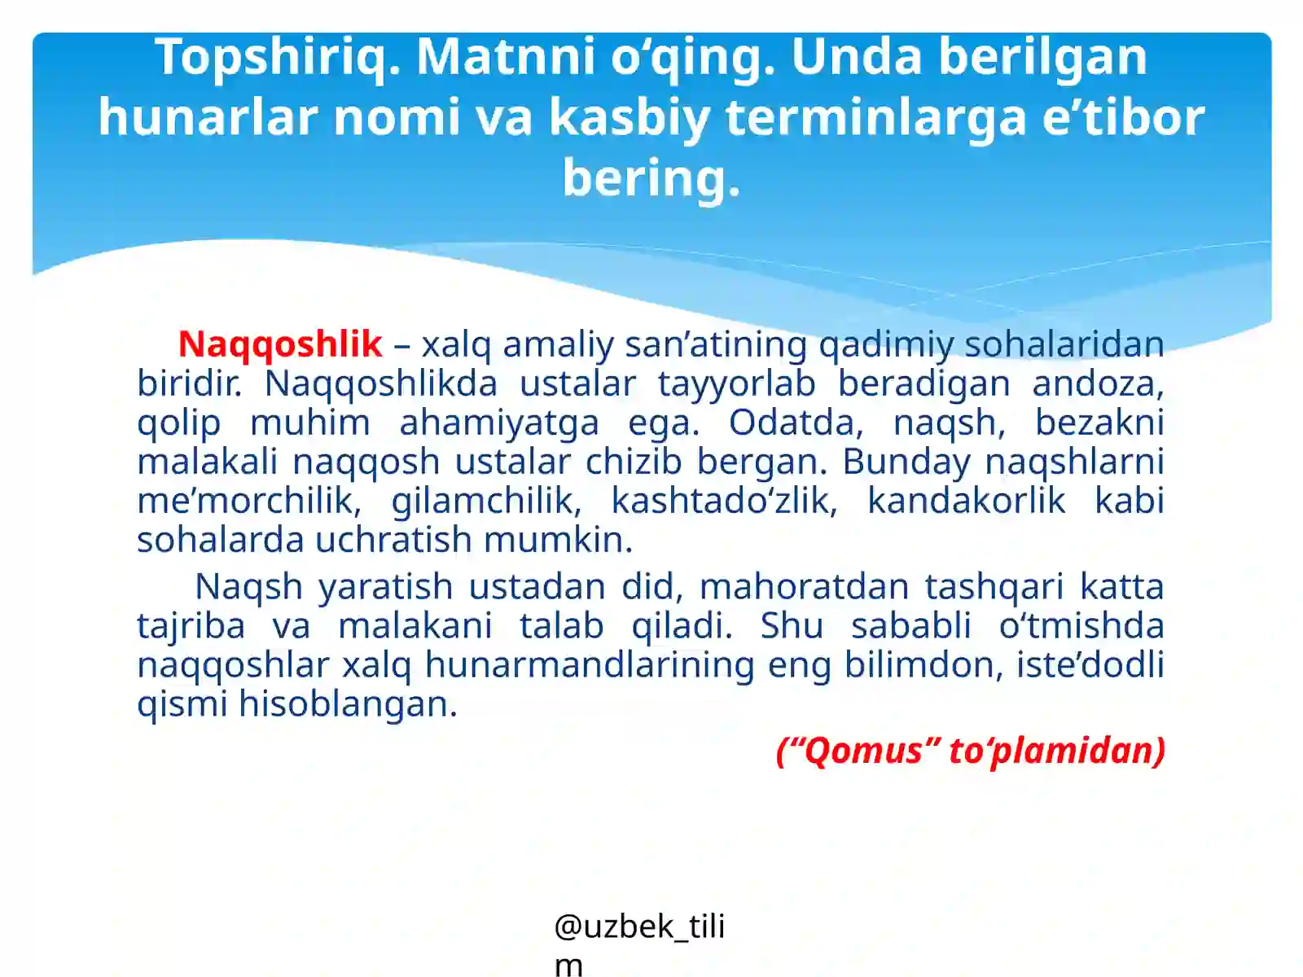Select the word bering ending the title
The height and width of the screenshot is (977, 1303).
coord(649,178)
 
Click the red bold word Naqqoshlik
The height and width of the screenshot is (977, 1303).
coord(280,344)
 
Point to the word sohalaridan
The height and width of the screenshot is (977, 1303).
coord(1064,344)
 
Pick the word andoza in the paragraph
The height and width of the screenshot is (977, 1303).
coord(1095,383)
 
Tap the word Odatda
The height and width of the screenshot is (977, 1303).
coord(795,423)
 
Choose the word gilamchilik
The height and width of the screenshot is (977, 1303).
coord(485,501)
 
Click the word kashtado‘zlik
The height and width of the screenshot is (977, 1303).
coord(723,501)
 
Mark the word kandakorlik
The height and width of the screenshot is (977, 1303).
coord(966,501)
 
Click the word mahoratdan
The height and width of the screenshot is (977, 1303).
coord(804,587)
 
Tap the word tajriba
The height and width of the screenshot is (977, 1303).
coord(191,626)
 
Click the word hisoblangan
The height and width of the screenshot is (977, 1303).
coord(348,704)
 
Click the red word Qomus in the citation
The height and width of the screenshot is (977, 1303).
coord(862,751)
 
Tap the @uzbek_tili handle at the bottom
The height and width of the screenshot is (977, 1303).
coord(638,927)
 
